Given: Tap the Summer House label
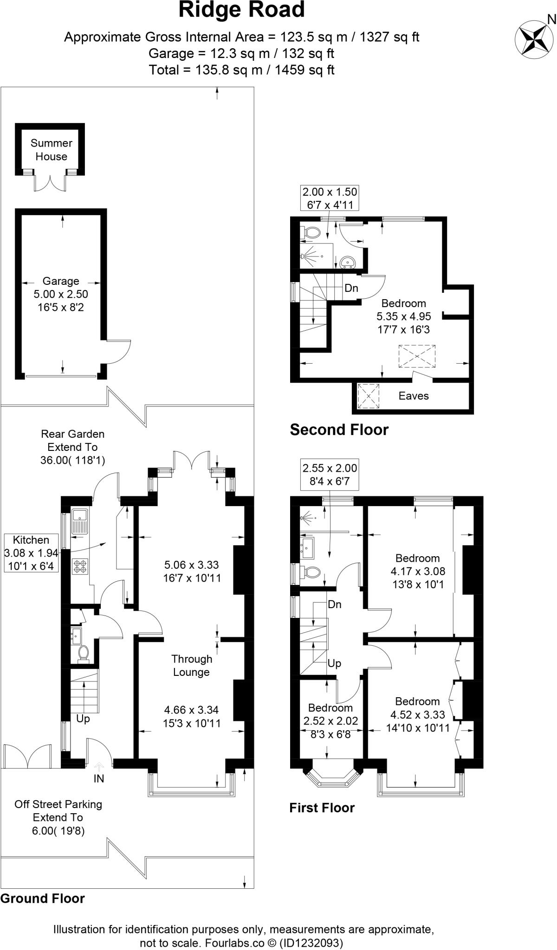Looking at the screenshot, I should [x=51, y=150].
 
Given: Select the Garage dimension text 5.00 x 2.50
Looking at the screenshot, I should [x=61, y=294].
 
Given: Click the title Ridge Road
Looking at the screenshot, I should [x=241, y=10].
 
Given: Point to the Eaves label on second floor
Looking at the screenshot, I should [x=413, y=396].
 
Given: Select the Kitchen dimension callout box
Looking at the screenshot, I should [x=31, y=552].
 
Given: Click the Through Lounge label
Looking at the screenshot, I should [x=191, y=665].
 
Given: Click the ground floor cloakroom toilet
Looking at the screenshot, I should [x=84, y=653].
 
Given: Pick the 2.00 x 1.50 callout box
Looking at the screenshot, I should [x=330, y=198].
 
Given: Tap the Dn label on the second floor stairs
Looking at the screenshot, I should [x=351, y=288].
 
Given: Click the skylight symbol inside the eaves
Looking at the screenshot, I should [x=369, y=396].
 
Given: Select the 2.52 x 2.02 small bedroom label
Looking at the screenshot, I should [x=330, y=721].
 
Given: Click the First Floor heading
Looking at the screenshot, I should [x=322, y=808].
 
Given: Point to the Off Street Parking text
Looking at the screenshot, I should [x=58, y=804].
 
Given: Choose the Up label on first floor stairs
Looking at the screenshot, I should [x=334, y=663].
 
